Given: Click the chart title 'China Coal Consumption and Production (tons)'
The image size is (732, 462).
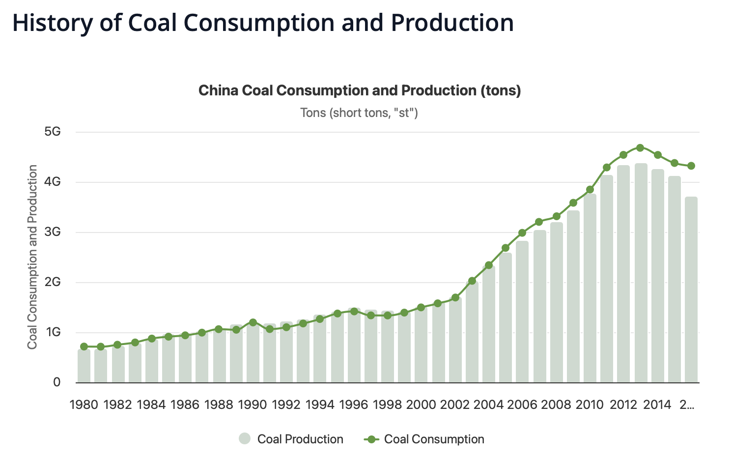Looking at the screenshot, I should coord(359,91).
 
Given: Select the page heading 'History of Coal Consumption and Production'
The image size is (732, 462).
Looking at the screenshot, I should coord(263,23).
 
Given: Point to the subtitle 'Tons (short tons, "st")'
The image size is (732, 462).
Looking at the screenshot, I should coord(359,113).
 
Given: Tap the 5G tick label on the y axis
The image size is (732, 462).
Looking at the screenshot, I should coord(52,132).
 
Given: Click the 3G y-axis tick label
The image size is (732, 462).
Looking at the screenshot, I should coord(52,232).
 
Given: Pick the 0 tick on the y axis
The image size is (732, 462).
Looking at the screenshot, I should coord(56,382).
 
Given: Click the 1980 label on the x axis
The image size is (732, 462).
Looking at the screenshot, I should coord(84,404).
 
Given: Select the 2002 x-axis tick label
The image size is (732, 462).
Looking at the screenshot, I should coord(455,404).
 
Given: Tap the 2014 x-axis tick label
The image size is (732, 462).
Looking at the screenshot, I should coord(657,404).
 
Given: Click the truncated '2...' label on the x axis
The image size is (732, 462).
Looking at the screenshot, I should coord(687,404).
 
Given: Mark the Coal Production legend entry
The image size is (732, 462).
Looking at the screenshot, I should coord(291,439).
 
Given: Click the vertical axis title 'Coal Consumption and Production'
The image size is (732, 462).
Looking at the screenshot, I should coord(32,257).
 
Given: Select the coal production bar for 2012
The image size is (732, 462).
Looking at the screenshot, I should coord(623,275).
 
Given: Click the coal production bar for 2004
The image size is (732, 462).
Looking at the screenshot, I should coord(489,324).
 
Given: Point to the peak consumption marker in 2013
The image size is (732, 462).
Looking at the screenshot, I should coord(640,148).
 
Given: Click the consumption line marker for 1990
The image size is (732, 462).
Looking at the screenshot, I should coord(253,322).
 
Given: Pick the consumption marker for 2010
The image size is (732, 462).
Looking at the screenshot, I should coord(590,189).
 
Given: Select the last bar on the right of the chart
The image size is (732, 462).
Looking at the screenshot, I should coord(691,290).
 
